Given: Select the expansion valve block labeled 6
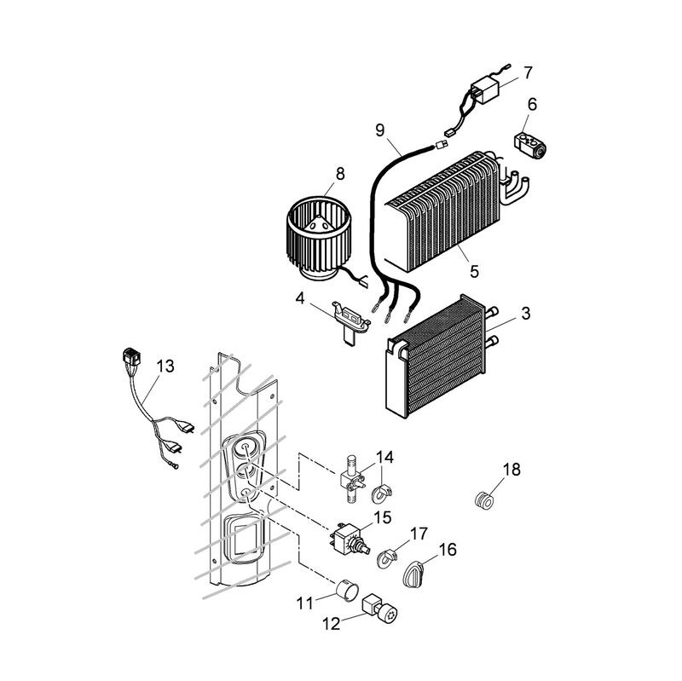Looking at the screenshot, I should point(530,141).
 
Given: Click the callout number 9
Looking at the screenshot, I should point(380,130).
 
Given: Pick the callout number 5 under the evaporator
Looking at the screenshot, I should point(474,271).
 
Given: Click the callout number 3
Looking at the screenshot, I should point(525,314).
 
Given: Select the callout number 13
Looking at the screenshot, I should point(165,366).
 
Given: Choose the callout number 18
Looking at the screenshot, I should point(511,469).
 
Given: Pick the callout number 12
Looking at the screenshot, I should point(331,624).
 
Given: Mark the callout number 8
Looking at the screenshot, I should point(340,173).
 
